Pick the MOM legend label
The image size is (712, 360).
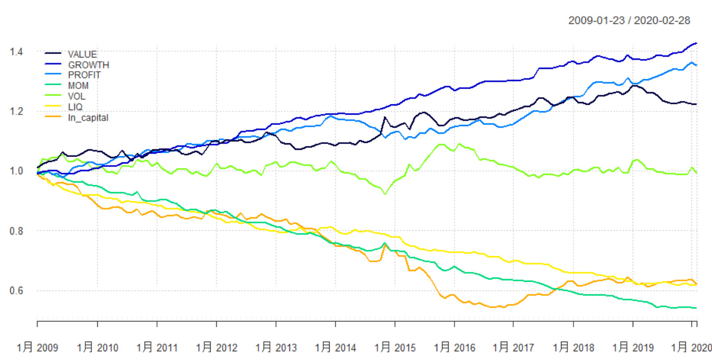tap(78, 85)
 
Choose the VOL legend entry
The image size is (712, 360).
tap(77, 96)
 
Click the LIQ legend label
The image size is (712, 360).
tap(75, 107)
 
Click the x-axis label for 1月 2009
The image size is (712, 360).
tap(37, 347)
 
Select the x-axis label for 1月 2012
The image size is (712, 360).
tap(216, 347)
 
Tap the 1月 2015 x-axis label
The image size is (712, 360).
tap(395, 347)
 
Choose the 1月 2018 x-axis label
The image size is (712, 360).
tap(573, 347)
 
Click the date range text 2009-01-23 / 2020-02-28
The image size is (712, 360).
tap(629, 21)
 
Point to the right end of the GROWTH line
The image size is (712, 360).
tap(697, 43)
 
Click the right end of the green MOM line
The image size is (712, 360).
tap(696, 308)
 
